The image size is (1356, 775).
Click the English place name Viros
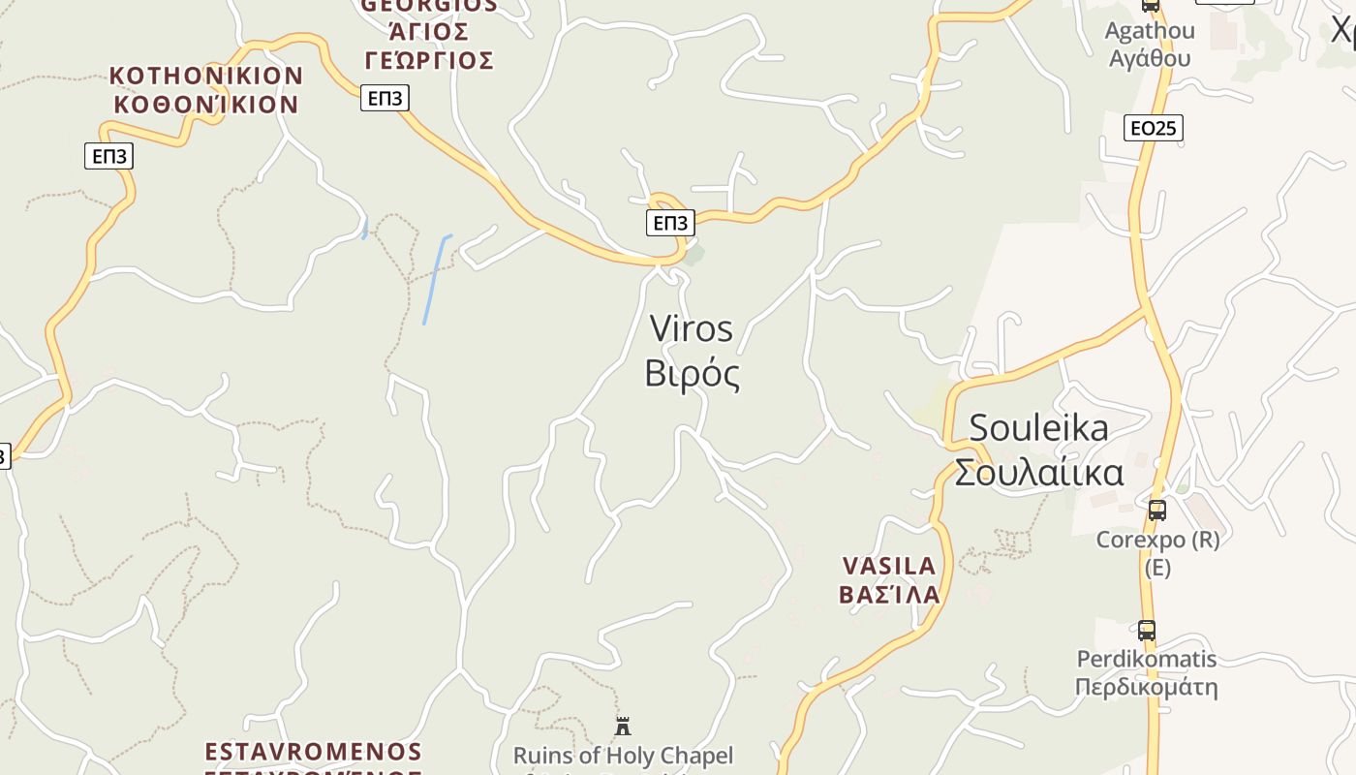pos(692,329)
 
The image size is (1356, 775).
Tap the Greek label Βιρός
pos(692,374)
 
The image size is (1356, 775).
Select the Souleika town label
pos(1038,427)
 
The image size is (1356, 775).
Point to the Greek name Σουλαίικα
pos(1038,473)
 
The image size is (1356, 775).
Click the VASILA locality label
pos(889,566)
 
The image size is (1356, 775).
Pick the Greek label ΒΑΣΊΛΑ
pos(889,594)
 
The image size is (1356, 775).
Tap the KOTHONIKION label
pos(206,76)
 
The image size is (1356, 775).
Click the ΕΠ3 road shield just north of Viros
pos(670,223)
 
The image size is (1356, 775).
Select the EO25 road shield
pos(1154,127)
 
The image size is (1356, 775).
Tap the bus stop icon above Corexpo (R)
pos(1156,510)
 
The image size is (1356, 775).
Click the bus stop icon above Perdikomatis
pos(1147,631)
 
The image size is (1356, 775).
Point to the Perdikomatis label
pos(1147,660)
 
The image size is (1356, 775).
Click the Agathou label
pos(1150,31)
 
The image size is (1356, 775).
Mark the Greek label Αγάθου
pos(1150,58)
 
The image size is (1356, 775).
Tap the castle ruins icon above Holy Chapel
pos(623,726)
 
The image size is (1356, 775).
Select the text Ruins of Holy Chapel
pos(623,756)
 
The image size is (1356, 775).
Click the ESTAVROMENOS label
pos(314,752)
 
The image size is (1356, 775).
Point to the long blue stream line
pos(435,279)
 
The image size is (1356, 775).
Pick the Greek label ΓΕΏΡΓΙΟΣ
pos(429,61)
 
